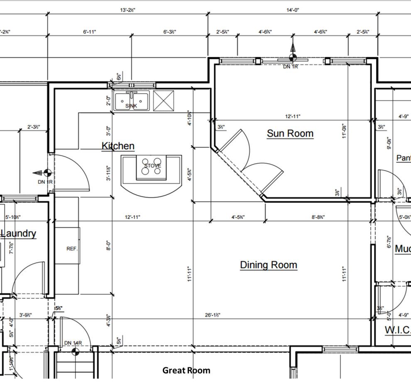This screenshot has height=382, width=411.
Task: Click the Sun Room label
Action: click(290, 133)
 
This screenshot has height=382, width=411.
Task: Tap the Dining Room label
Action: click(269, 264)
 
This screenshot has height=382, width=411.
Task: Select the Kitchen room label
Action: click(118, 146)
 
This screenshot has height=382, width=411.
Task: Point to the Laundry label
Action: click(19, 233)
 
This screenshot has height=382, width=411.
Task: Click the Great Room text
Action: click(186, 370)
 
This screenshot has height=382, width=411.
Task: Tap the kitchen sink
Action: click(132, 102)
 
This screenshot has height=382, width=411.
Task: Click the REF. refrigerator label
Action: click(72, 249)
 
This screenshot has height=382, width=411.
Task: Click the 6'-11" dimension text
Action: click(89, 32)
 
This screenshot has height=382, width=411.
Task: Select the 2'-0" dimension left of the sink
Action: click(109, 101)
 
